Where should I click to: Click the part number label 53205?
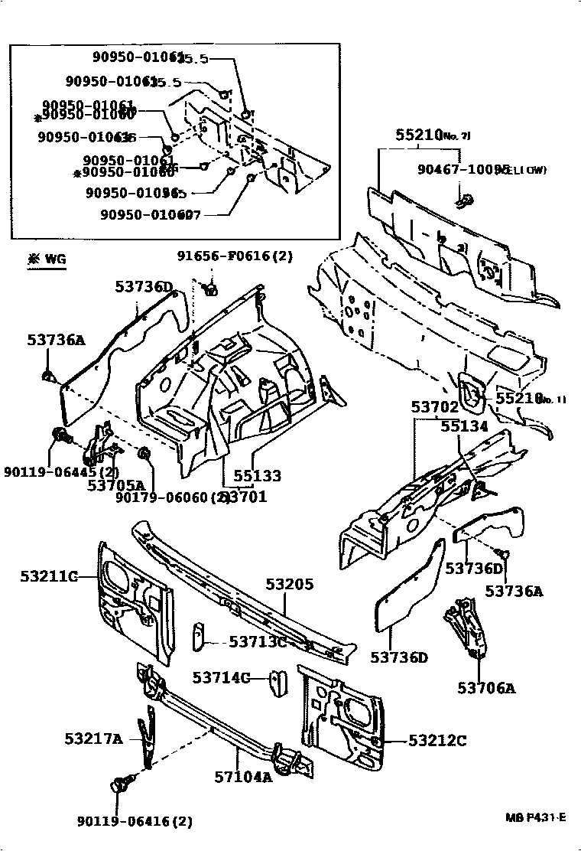[290, 584]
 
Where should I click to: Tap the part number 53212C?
[437, 740]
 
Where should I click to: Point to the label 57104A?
[243, 777]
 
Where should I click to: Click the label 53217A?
[93, 739]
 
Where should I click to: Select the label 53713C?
[246, 642]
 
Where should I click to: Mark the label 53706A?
[486, 688]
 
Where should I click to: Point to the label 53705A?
[115, 484]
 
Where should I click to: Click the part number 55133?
[257, 475]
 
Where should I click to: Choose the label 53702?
[435, 408]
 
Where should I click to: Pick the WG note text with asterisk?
[47, 259]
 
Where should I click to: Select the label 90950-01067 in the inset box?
[150, 216]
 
